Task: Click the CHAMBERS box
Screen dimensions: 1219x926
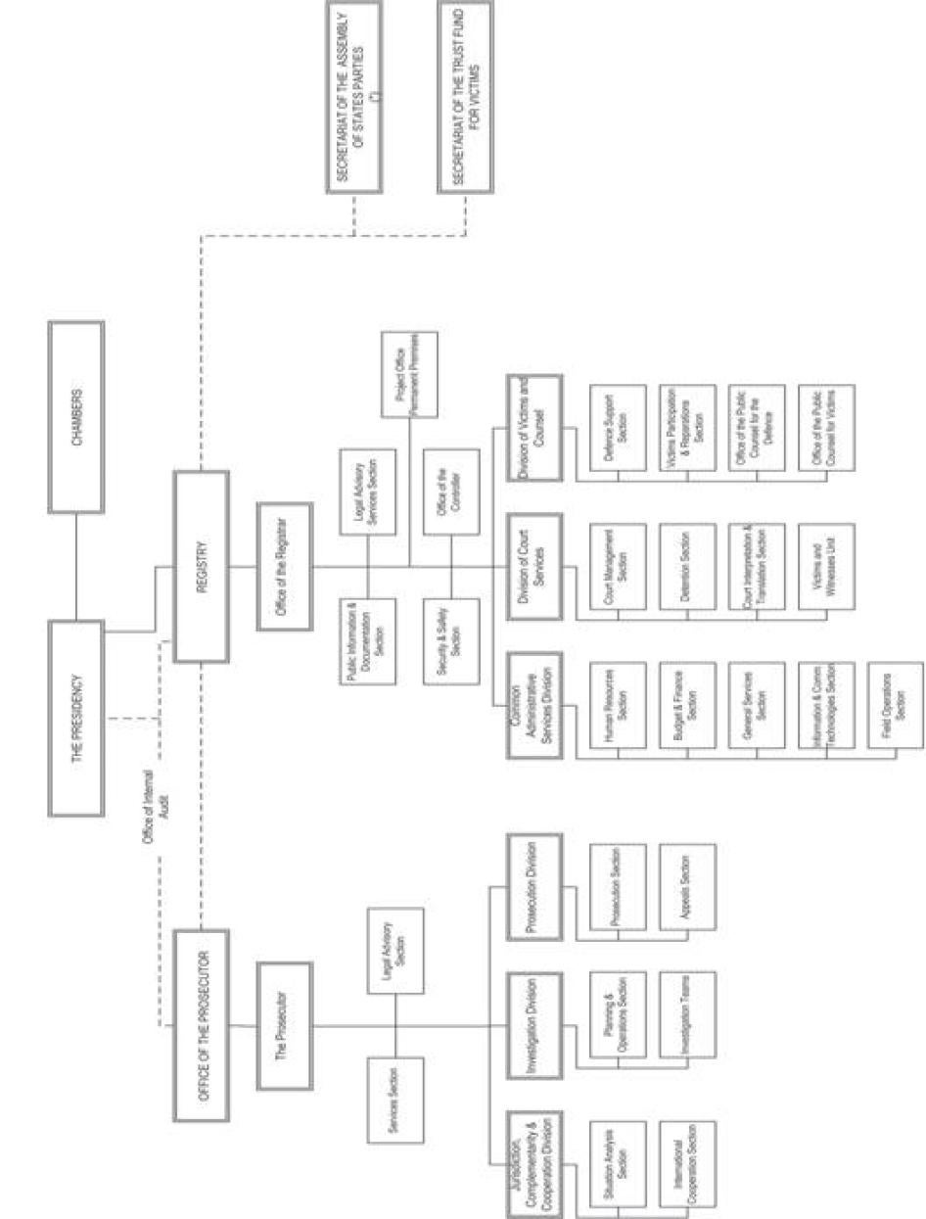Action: point(75,416)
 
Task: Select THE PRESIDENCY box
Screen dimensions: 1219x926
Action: point(75,718)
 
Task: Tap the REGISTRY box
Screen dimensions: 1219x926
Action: point(201,565)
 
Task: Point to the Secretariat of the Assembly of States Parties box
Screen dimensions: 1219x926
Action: point(353,98)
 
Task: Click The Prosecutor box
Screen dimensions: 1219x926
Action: point(285,1025)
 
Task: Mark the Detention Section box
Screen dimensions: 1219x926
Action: point(687,566)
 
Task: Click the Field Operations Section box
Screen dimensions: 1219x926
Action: point(895,705)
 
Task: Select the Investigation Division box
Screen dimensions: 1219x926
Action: point(534,1025)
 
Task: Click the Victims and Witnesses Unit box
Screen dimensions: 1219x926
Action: point(825,566)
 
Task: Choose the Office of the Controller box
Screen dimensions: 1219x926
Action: point(451,492)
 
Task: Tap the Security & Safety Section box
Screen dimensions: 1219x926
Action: point(451,639)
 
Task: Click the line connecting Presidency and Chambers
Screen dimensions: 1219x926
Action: point(75,567)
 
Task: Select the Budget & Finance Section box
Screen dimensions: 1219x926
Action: point(687,705)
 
